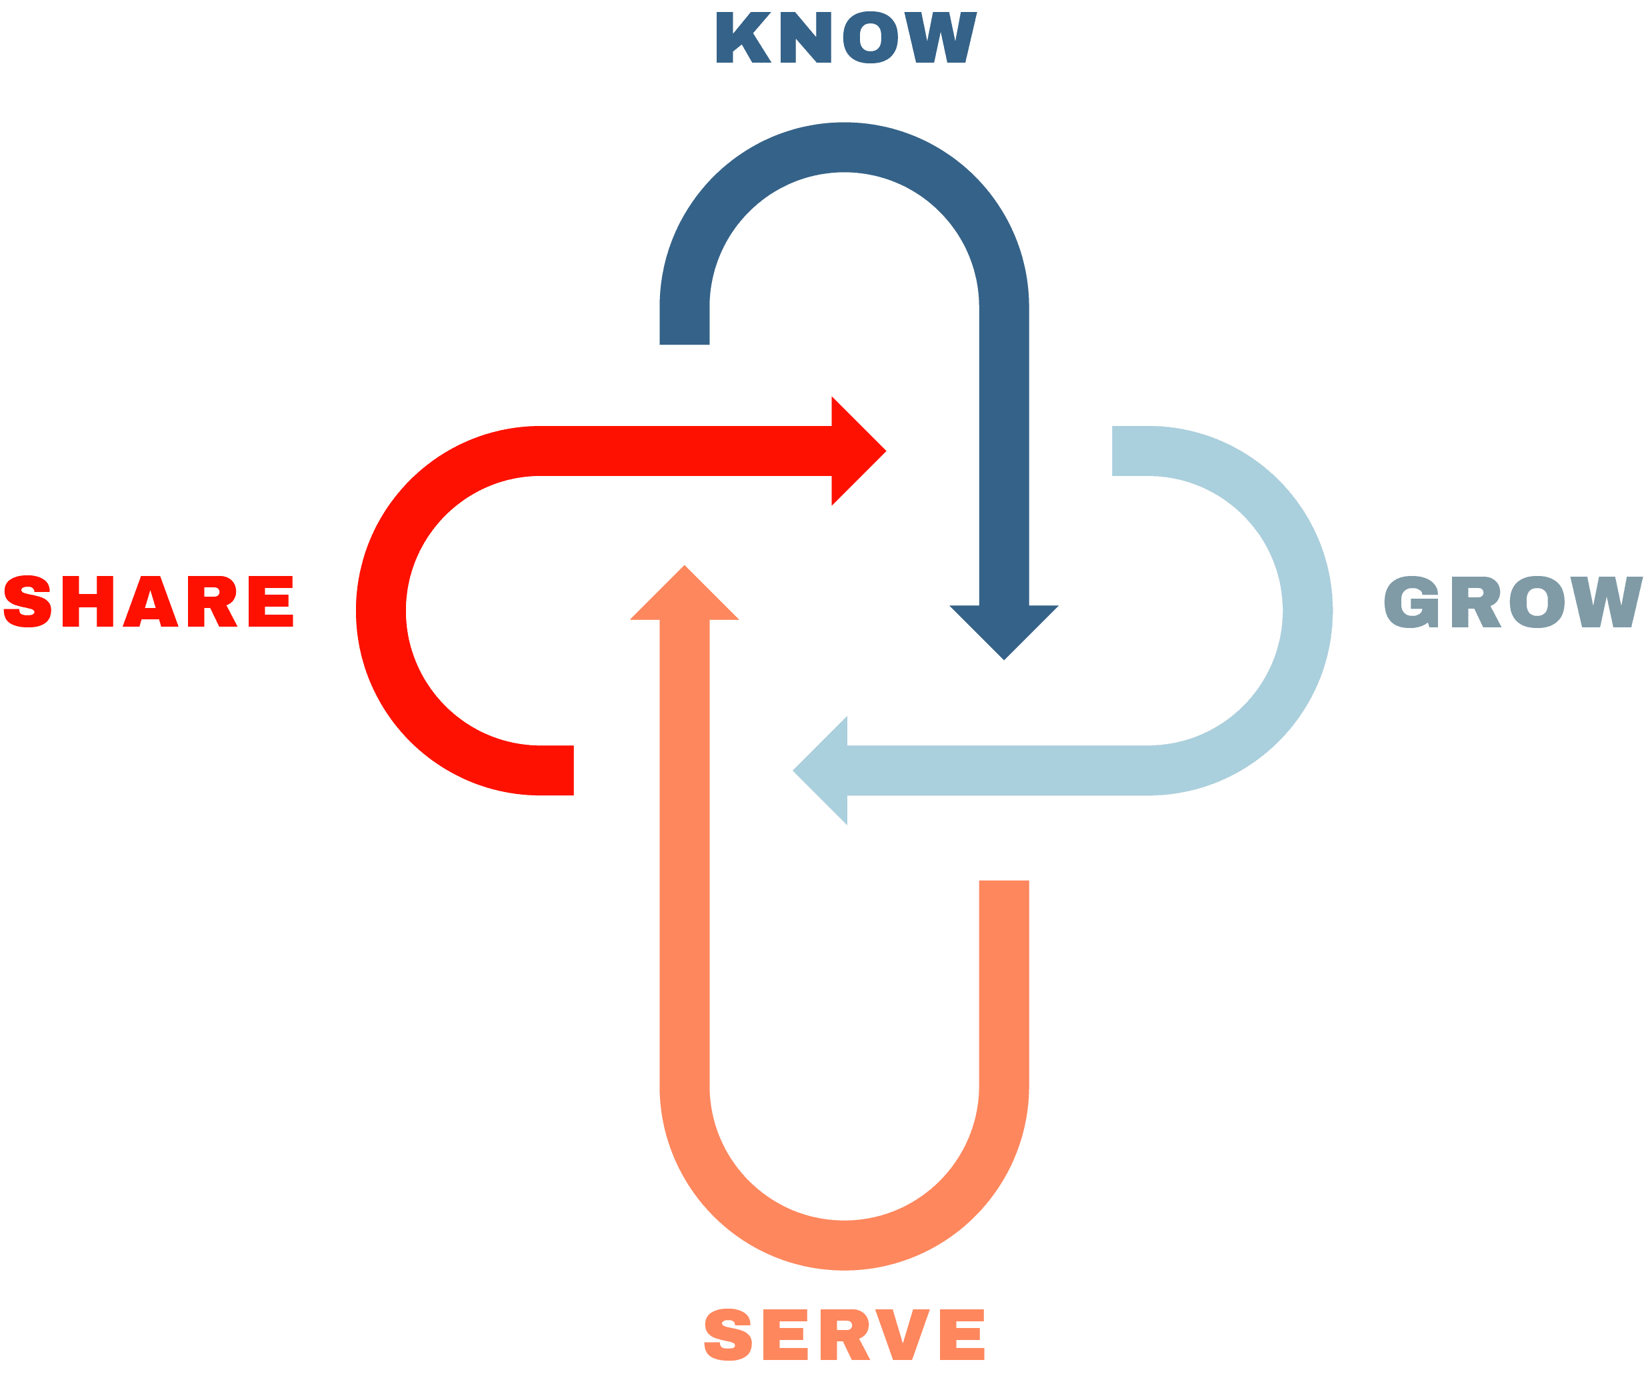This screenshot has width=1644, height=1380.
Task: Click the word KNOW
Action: coord(846,37)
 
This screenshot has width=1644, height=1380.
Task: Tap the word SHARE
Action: coord(148,601)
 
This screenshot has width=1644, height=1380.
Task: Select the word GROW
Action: coord(1513,602)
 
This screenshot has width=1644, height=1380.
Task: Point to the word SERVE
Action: coord(844,1335)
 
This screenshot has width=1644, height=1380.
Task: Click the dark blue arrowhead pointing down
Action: coord(1003,633)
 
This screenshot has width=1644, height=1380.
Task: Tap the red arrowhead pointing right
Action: coord(859,451)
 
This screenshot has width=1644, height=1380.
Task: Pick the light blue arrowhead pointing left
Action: coord(819,770)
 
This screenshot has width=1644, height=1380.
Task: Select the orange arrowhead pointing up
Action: coord(684,593)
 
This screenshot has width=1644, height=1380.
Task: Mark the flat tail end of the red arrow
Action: coord(573,770)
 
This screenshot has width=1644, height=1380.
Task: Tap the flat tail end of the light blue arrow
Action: coord(1113,451)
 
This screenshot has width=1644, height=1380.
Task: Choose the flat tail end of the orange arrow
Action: coord(1003,881)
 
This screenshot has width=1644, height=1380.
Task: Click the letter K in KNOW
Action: coord(744,37)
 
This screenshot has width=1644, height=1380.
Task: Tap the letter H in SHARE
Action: coord(88,601)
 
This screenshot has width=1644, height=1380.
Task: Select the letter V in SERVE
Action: coord(902,1335)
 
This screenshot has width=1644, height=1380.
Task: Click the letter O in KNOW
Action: coord(871,37)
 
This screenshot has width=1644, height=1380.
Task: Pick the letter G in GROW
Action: coord(1411,602)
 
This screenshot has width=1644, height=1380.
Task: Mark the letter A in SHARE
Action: coord(150,601)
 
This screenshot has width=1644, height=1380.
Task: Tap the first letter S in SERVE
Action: coord(728,1335)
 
